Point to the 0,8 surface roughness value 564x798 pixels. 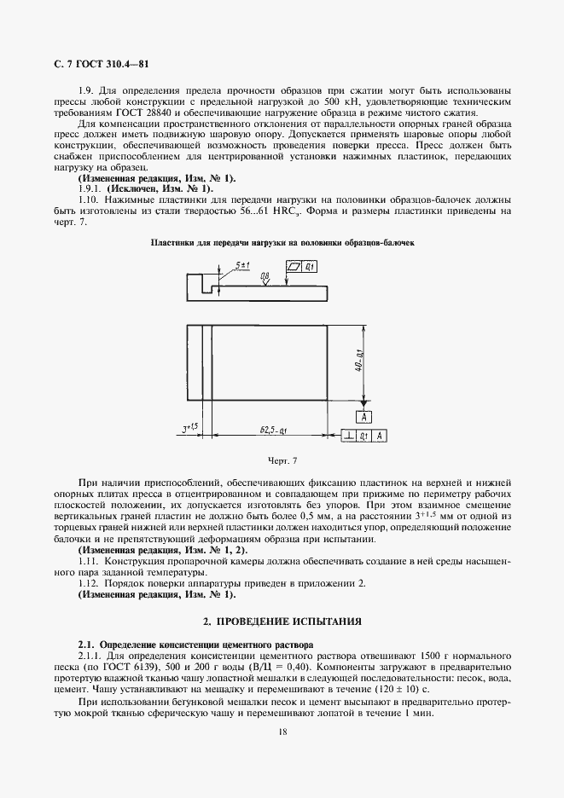(x=265, y=276)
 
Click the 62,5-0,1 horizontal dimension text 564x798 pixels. (x=273, y=431)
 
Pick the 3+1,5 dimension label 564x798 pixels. (x=189, y=430)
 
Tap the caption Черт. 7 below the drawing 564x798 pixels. (x=282, y=461)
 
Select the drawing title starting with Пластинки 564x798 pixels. (x=282, y=243)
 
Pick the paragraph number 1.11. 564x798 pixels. (x=88, y=562)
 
